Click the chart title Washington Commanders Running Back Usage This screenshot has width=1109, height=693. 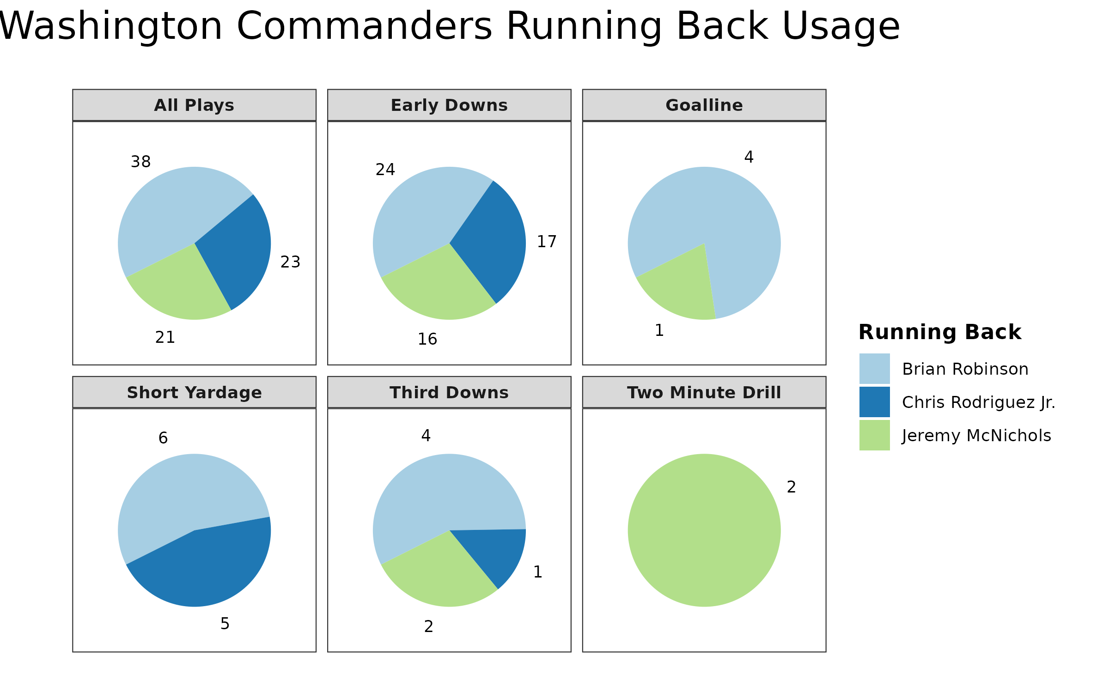[x=448, y=26]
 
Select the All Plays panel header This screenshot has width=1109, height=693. [x=194, y=105]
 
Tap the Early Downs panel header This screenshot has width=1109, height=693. [x=449, y=105]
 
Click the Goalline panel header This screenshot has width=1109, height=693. [x=704, y=105]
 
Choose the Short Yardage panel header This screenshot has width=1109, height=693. [x=194, y=393]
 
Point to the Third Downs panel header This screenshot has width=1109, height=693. [x=449, y=393]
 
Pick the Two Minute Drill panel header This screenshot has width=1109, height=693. [x=704, y=393]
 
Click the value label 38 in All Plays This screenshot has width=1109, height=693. [x=141, y=162]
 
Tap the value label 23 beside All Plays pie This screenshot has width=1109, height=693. [x=291, y=262]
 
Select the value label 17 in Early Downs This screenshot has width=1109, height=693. [x=547, y=242]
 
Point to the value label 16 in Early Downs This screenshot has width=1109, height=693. [x=427, y=340]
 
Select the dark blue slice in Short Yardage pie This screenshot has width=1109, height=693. [x=208, y=568]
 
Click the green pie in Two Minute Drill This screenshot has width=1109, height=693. [x=704, y=530]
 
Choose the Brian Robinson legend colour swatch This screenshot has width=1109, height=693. [x=874, y=369]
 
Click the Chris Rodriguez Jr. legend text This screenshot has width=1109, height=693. [x=979, y=402]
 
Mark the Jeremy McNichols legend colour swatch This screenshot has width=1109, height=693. [x=874, y=435]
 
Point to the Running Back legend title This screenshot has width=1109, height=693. [x=940, y=332]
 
